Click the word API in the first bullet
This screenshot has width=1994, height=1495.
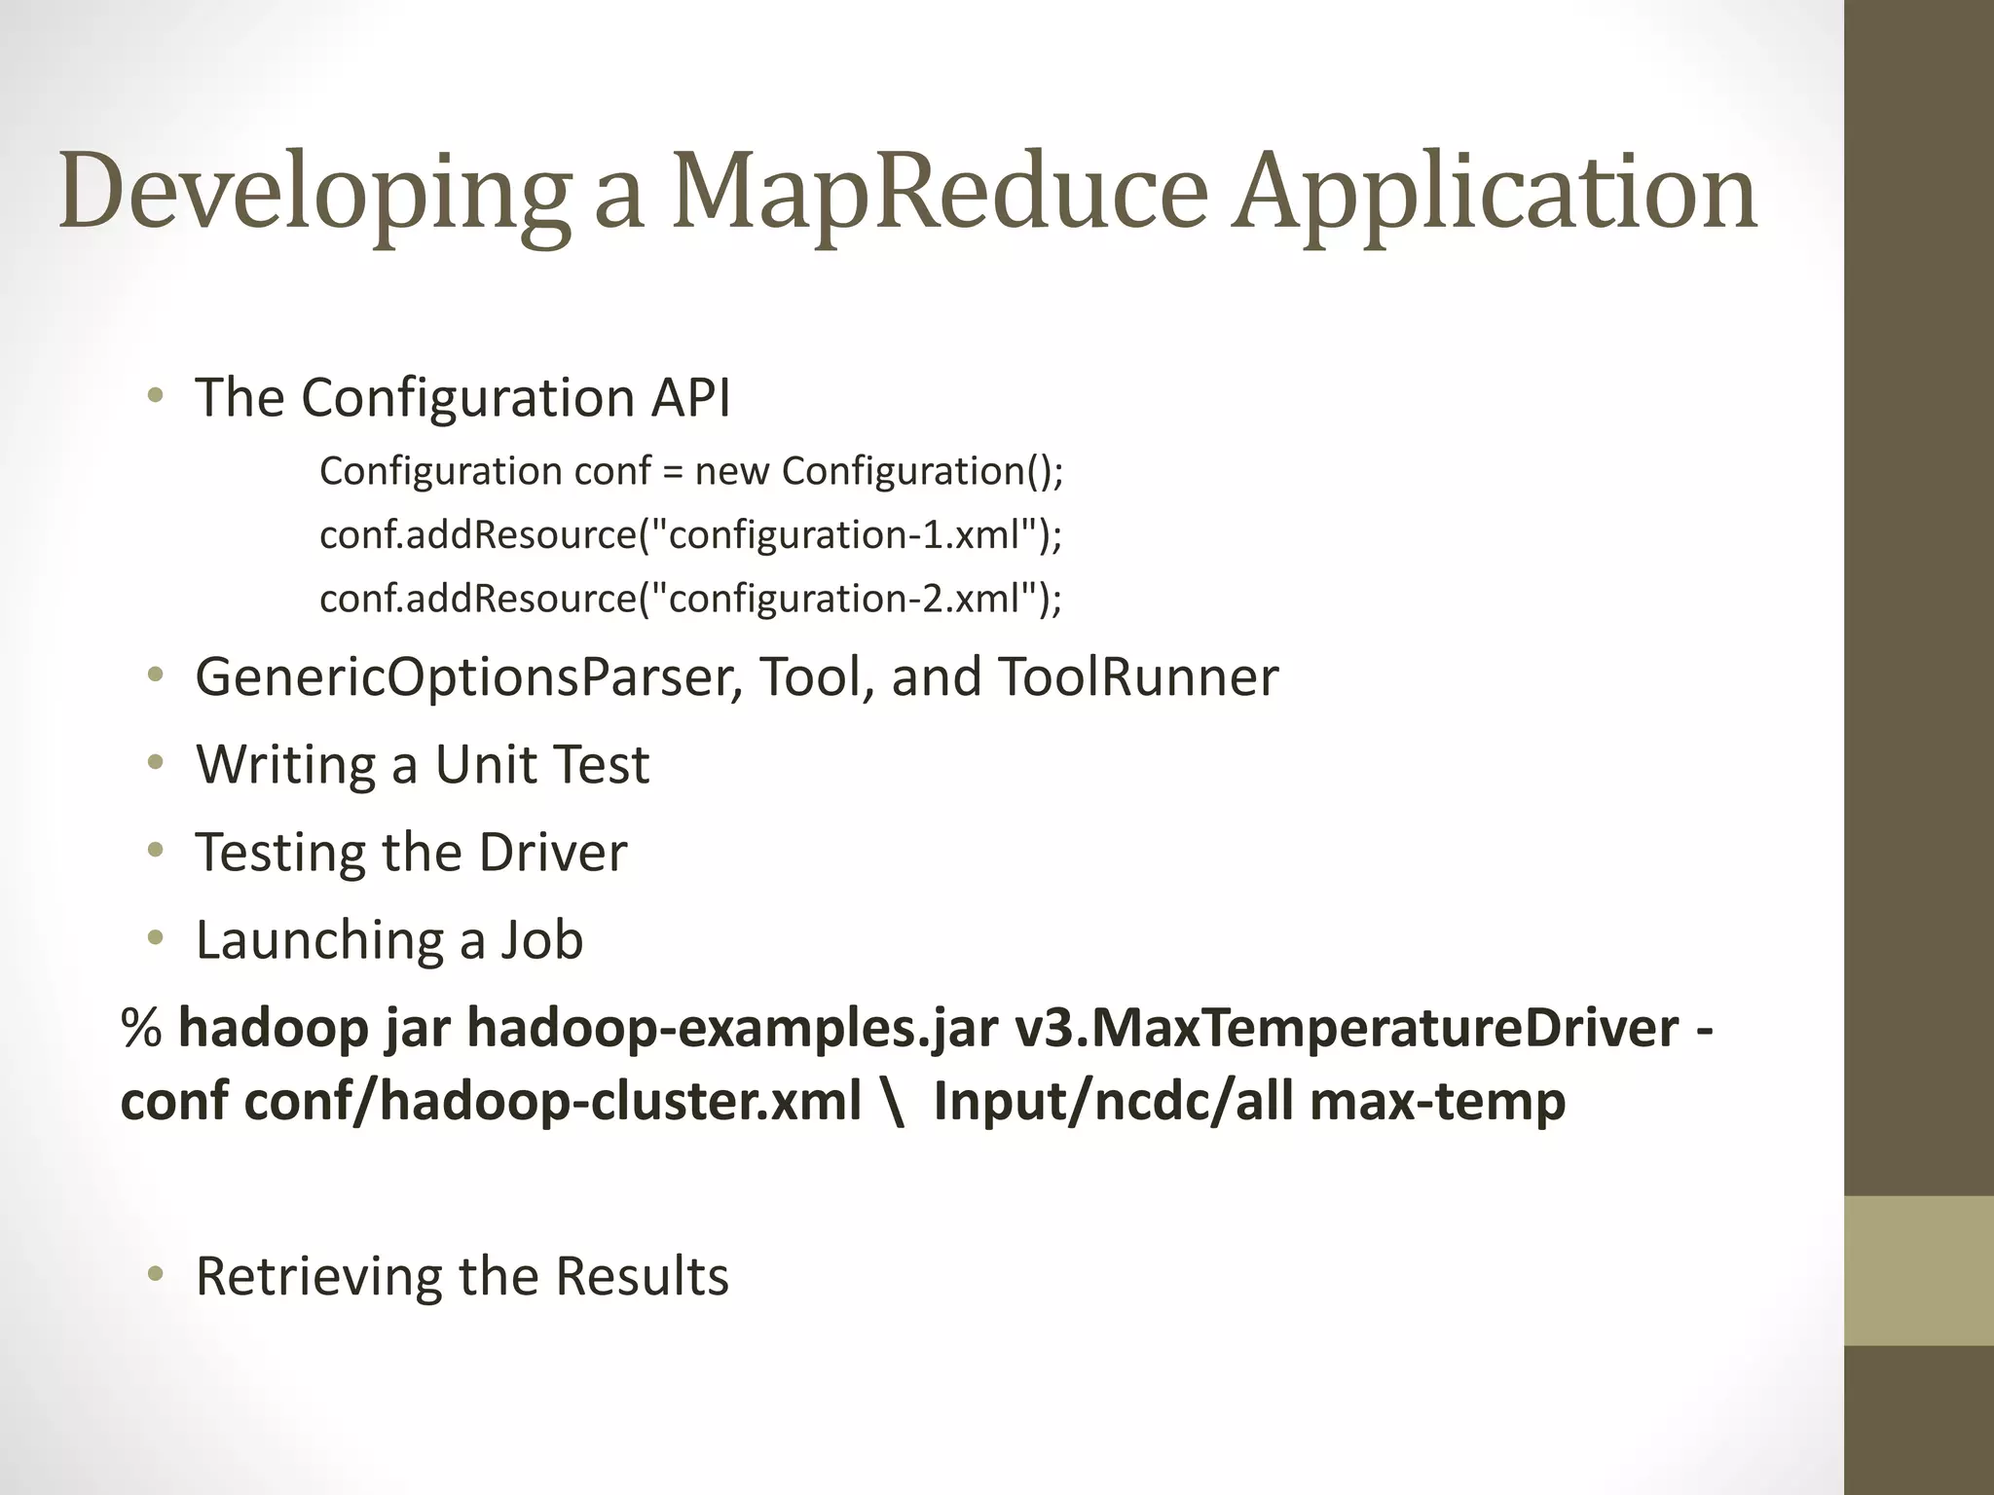(x=690, y=397)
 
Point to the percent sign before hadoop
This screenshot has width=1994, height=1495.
(x=141, y=1028)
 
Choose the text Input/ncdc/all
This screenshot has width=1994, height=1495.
(x=1113, y=1101)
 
